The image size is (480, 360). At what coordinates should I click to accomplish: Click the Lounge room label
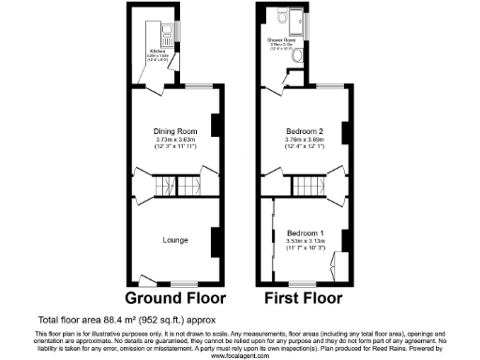[x=174, y=241]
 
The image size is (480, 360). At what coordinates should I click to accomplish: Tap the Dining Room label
[x=173, y=131]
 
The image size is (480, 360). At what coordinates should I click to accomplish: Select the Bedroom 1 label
[x=306, y=232]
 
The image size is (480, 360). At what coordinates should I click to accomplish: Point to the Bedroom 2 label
[x=306, y=131]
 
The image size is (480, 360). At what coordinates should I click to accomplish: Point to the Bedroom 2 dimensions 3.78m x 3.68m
[x=306, y=140]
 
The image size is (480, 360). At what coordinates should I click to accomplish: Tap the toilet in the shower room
[x=297, y=57]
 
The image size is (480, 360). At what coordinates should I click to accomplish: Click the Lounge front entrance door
[x=142, y=278]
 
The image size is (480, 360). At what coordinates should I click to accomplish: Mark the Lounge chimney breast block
[x=217, y=241]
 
